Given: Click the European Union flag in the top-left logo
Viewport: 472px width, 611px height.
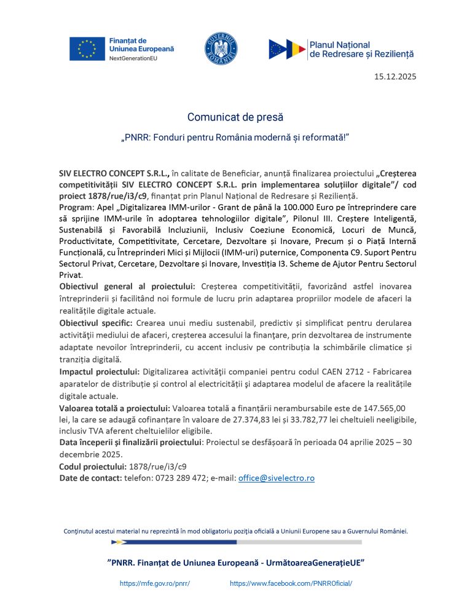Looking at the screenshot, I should (x=87, y=49).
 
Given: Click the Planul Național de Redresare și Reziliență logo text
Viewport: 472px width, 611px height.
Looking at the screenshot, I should (x=361, y=50).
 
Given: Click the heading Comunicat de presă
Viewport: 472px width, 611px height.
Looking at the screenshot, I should (x=235, y=116).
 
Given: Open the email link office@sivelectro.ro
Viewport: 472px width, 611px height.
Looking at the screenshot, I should (x=276, y=478).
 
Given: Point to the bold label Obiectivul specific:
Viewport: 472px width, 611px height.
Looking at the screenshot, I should (x=95, y=323).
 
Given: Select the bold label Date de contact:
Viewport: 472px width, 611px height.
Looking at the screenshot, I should (x=90, y=478).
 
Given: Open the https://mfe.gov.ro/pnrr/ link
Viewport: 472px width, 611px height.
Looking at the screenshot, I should (x=154, y=583).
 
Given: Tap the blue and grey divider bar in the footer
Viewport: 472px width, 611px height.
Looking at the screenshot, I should (x=236, y=542).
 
